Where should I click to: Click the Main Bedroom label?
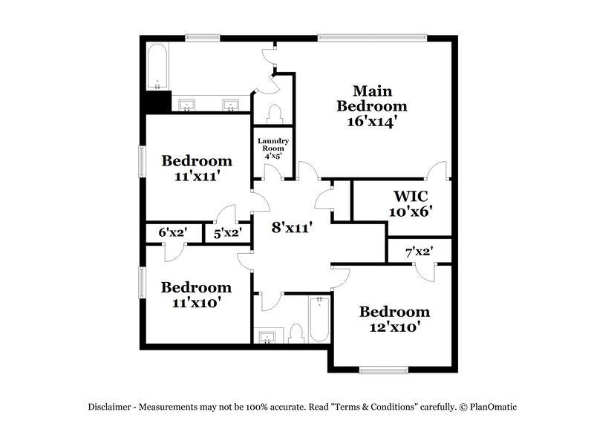pos(372,98)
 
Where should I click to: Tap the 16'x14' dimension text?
pos(372,121)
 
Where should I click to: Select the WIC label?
pos(411,196)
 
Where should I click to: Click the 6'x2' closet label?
pos(172,233)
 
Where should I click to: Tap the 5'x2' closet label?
pos(227,233)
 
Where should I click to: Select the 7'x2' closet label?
pos(419,252)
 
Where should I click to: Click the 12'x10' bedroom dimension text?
pos(394,328)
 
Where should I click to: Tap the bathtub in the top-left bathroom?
pos(157,68)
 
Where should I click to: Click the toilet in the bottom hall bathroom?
pos(296,333)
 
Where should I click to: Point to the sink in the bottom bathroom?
pos(265,336)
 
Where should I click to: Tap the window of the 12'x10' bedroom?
pos(383,369)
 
